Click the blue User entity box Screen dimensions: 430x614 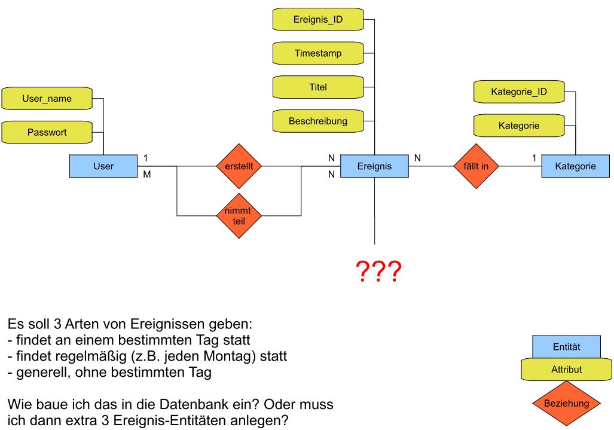(x=103, y=166)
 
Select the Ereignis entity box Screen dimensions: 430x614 (x=374, y=166)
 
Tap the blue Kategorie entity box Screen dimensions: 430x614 (x=575, y=166)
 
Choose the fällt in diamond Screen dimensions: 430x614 (x=476, y=166)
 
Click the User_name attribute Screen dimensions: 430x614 (x=47, y=99)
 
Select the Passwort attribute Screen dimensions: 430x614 (x=47, y=132)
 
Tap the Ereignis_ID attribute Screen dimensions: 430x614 (x=318, y=19)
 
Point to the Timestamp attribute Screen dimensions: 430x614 (x=318, y=53)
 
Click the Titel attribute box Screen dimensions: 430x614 (x=318, y=87)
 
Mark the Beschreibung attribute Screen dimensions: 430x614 (x=318, y=121)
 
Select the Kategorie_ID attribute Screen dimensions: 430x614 (x=519, y=92)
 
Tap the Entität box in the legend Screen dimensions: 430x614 (x=567, y=347)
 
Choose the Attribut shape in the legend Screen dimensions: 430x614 (x=567, y=370)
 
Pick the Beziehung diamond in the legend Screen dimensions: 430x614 (x=567, y=403)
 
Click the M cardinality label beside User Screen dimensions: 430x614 (x=146, y=175)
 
